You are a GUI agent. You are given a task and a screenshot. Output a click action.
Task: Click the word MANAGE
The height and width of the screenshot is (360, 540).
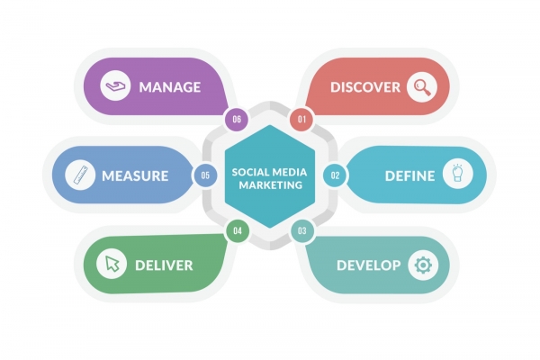170,87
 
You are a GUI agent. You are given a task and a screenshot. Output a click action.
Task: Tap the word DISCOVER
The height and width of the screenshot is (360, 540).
365,87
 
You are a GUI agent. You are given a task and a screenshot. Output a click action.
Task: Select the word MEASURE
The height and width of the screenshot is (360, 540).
135,176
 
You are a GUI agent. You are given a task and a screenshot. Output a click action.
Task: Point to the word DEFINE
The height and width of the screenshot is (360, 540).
409,176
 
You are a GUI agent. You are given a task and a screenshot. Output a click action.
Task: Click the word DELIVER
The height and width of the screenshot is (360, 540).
164,265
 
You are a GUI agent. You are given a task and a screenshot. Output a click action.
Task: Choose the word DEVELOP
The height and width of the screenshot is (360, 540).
369,265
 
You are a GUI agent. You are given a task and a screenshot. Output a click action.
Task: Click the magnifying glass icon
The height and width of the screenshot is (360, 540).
422,86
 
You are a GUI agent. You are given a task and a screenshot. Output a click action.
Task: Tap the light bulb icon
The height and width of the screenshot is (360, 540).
457,173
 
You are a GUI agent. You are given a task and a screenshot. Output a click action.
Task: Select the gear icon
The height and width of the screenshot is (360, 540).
423,265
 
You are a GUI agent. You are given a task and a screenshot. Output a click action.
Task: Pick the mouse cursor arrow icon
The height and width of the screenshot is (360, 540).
112,264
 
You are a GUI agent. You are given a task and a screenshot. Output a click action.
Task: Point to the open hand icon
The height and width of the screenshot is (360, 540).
115,86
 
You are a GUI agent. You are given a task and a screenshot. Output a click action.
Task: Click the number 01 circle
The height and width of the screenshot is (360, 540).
301,119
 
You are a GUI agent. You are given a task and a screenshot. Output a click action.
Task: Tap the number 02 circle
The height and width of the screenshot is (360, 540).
335,175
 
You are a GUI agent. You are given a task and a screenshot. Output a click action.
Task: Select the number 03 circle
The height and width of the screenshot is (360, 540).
302,230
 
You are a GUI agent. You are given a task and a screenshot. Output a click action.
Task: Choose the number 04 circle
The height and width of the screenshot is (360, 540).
238,230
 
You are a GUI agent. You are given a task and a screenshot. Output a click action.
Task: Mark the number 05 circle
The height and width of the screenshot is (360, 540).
205,175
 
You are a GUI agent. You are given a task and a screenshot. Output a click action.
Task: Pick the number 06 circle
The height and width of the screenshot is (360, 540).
237,119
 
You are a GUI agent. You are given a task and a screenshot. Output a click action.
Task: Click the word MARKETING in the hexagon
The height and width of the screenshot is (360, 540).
271,185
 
